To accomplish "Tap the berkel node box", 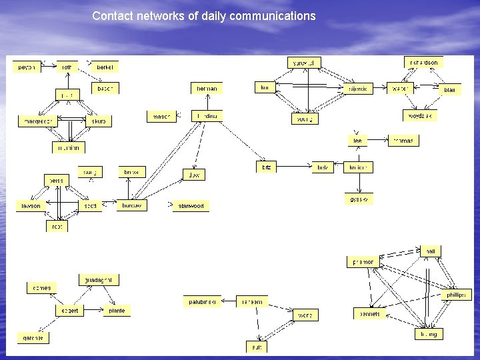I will coord(105,67).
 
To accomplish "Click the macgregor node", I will coord(38,121).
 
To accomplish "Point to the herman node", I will coord(207,88).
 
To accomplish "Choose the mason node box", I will coord(161,117).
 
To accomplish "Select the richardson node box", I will coord(423,63).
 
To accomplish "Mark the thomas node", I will coord(404,141).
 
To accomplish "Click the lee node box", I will coord(357,141).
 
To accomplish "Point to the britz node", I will coord(267,167).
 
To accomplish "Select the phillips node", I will coord(457,295).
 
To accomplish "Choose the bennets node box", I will coord(370,313).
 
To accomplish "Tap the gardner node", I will coord(33,338).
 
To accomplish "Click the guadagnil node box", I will coord(98,279).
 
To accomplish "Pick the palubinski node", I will coord(201,302).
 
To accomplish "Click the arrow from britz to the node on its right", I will coord(294,167).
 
